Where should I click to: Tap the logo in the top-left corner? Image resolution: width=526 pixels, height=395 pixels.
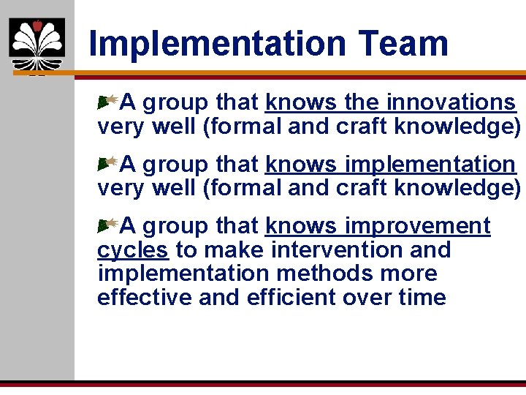click(37, 45)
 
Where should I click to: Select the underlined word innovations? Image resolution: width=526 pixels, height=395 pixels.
click(451, 102)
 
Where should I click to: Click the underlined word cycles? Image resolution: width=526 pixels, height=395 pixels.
click(132, 250)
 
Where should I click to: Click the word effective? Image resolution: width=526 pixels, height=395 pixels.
click(140, 298)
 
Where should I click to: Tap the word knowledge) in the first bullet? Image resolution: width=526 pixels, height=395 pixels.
click(457, 127)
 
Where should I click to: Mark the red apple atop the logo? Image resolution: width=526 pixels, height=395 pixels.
click(37, 26)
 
